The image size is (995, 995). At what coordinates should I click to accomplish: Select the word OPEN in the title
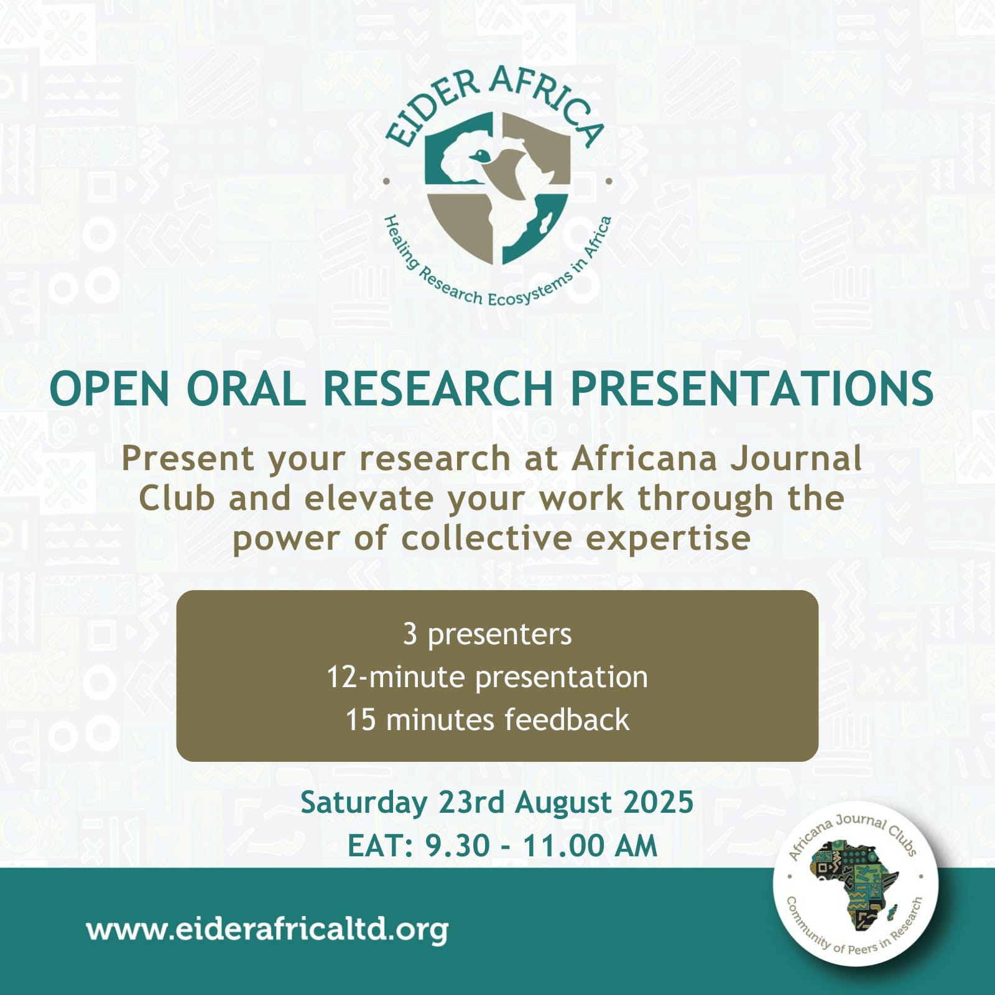[x=109, y=389]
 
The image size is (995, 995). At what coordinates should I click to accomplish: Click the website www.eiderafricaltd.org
[x=267, y=930]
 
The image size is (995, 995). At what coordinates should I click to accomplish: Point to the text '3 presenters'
[x=487, y=634]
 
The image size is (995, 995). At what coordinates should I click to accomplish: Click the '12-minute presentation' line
[x=487, y=677]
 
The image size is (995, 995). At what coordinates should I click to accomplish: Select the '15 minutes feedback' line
[x=487, y=720]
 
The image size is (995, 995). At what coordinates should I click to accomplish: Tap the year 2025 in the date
[x=658, y=802]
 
